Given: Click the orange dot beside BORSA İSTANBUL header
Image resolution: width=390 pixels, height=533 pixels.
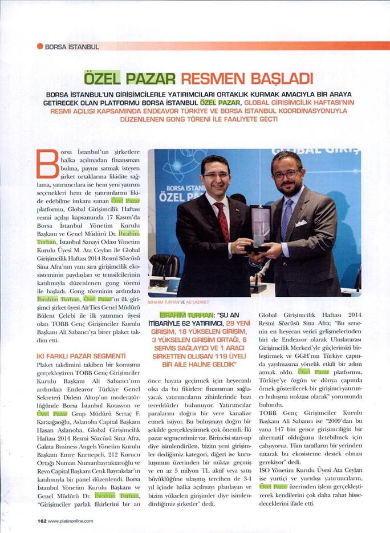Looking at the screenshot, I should point(40,46).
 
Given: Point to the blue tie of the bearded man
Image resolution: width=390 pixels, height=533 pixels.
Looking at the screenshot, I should point(287,217).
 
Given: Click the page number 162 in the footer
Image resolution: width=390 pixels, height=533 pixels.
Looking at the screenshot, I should point(42,520).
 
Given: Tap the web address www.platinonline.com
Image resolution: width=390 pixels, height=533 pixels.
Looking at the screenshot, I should point(71,520).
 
